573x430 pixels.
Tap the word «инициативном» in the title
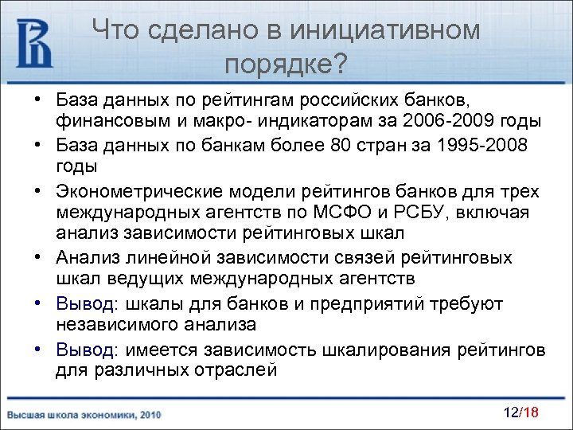click(386, 30)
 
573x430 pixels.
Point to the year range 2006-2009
click(449, 122)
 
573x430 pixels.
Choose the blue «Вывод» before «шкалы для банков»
click(86, 304)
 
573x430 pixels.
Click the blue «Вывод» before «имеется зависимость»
click(86, 349)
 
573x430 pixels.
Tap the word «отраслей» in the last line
click(240, 370)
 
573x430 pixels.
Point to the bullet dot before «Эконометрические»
click(37, 191)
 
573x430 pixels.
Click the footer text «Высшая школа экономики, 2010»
click(84, 415)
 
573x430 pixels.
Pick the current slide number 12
click(511, 412)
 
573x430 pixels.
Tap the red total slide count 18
click(532, 412)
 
